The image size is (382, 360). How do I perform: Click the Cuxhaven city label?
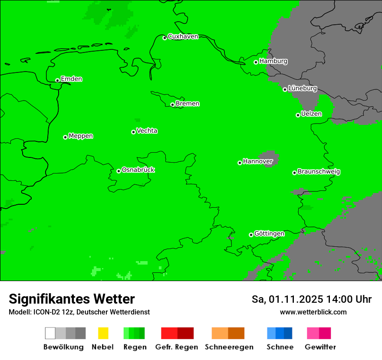[183, 36]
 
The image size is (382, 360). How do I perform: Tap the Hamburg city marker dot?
[256, 62]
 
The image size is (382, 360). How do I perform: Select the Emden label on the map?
[71, 79]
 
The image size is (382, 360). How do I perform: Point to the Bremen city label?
[188, 104]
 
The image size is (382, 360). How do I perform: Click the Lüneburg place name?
[303, 88]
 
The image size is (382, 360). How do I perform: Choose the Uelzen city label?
[311, 114]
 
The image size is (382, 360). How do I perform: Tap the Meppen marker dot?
[65, 137]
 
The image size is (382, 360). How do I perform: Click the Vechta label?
[147, 131]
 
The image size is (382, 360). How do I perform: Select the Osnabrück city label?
[138, 170]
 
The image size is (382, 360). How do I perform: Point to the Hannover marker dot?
[240, 163]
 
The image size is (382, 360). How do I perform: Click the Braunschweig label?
[319, 171]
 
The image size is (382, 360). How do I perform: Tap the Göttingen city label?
[269, 233]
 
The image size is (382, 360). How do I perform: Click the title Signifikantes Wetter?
[72, 299]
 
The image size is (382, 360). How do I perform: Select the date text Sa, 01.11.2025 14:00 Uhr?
[311, 299]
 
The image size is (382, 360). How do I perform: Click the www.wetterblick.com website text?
[313, 312]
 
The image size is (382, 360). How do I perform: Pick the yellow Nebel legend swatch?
[103, 333]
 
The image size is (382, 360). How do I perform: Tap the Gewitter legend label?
[320, 347]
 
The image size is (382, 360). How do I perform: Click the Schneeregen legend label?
[229, 347]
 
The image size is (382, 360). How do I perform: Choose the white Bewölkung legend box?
[50, 333]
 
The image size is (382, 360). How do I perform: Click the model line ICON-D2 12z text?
[79, 312]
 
